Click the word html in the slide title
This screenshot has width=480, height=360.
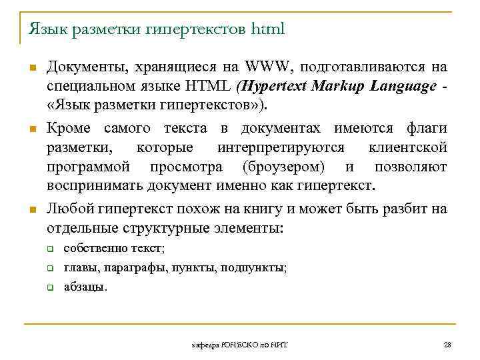tap(268, 29)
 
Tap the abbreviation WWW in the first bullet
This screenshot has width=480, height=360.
tap(269, 67)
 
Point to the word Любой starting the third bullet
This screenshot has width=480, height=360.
tap(69, 209)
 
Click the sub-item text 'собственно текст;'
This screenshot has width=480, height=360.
tap(114, 249)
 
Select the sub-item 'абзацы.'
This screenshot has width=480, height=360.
tap(85, 287)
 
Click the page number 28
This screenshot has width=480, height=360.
tap(447, 344)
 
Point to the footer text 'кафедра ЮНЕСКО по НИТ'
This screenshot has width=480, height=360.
tap(245, 344)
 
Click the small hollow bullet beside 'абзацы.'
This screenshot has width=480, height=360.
tap(50, 288)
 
